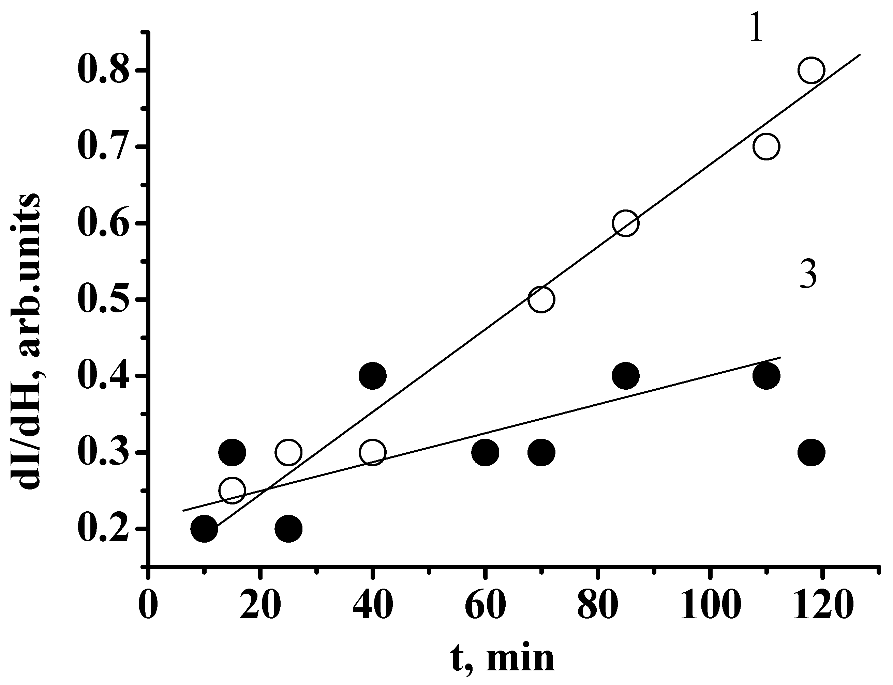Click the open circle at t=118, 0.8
[811, 70]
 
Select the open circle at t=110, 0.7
[766, 146]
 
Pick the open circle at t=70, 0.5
[541, 299]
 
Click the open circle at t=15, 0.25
[232, 490]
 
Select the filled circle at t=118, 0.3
[811, 452]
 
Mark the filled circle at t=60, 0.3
[485, 452]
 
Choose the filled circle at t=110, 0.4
[766, 375]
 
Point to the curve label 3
[808, 275]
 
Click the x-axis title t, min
[503, 660]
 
